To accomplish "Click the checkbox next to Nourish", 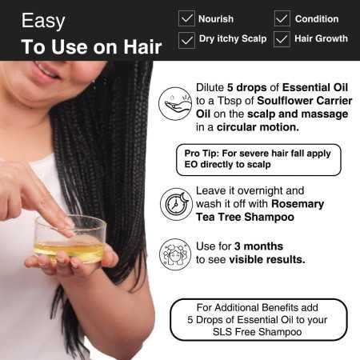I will click(x=187, y=18).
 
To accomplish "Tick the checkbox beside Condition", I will click(x=282, y=18).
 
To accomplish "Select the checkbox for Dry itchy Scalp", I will click(x=187, y=38).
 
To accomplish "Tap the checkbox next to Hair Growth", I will click(x=282, y=38).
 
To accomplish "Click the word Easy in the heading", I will click(x=43, y=20).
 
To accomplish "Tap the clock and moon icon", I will click(x=175, y=203).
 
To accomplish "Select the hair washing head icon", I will click(x=175, y=253).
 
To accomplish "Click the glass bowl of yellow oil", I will click(x=69, y=239).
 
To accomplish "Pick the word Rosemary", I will click(x=298, y=203).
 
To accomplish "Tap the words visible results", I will click(x=267, y=259).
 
